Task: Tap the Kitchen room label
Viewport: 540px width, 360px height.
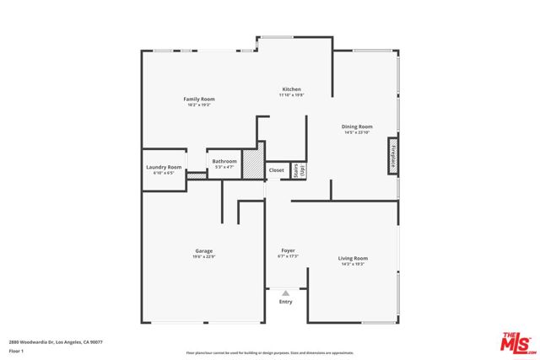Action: pyautogui.click(x=291, y=89)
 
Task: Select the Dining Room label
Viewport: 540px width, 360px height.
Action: pyautogui.click(x=357, y=126)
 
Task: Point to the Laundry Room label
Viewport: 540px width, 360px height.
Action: pyautogui.click(x=164, y=167)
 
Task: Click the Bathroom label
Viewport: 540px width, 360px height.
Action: pyautogui.click(x=224, y=161)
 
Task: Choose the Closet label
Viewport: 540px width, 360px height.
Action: pyautogui.click(x=277, y=170)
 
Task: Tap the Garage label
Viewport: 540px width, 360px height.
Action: pyautogui.click(x=203, y=250)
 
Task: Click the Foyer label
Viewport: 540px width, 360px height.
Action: pyautogui.click(x=288, y=250)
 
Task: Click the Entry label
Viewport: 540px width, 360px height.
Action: pyautogui.click(x=286, y=302)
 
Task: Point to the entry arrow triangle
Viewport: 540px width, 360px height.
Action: pyautogui.click(x=286, y=293)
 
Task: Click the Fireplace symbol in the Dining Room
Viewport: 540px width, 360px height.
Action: pyautogui.click(x=392, y=158)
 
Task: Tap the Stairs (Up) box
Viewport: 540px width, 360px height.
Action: pyautogui.click(x=298, y=170)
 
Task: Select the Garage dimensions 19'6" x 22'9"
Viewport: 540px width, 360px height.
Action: pyautogui.click(x=203, y=256)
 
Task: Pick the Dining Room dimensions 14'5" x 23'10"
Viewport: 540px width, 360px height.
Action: pyautogui.click(x=358, y=132)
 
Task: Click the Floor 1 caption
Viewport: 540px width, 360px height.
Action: pyautogui.click(x=16, y=350)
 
